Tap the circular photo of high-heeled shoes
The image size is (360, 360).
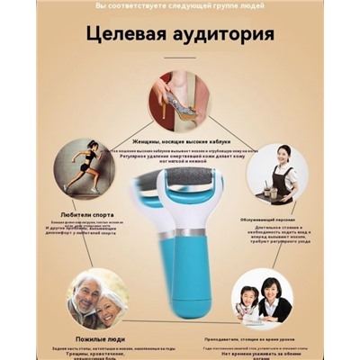point(180,102)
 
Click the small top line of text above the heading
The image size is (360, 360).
point(179,6)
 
